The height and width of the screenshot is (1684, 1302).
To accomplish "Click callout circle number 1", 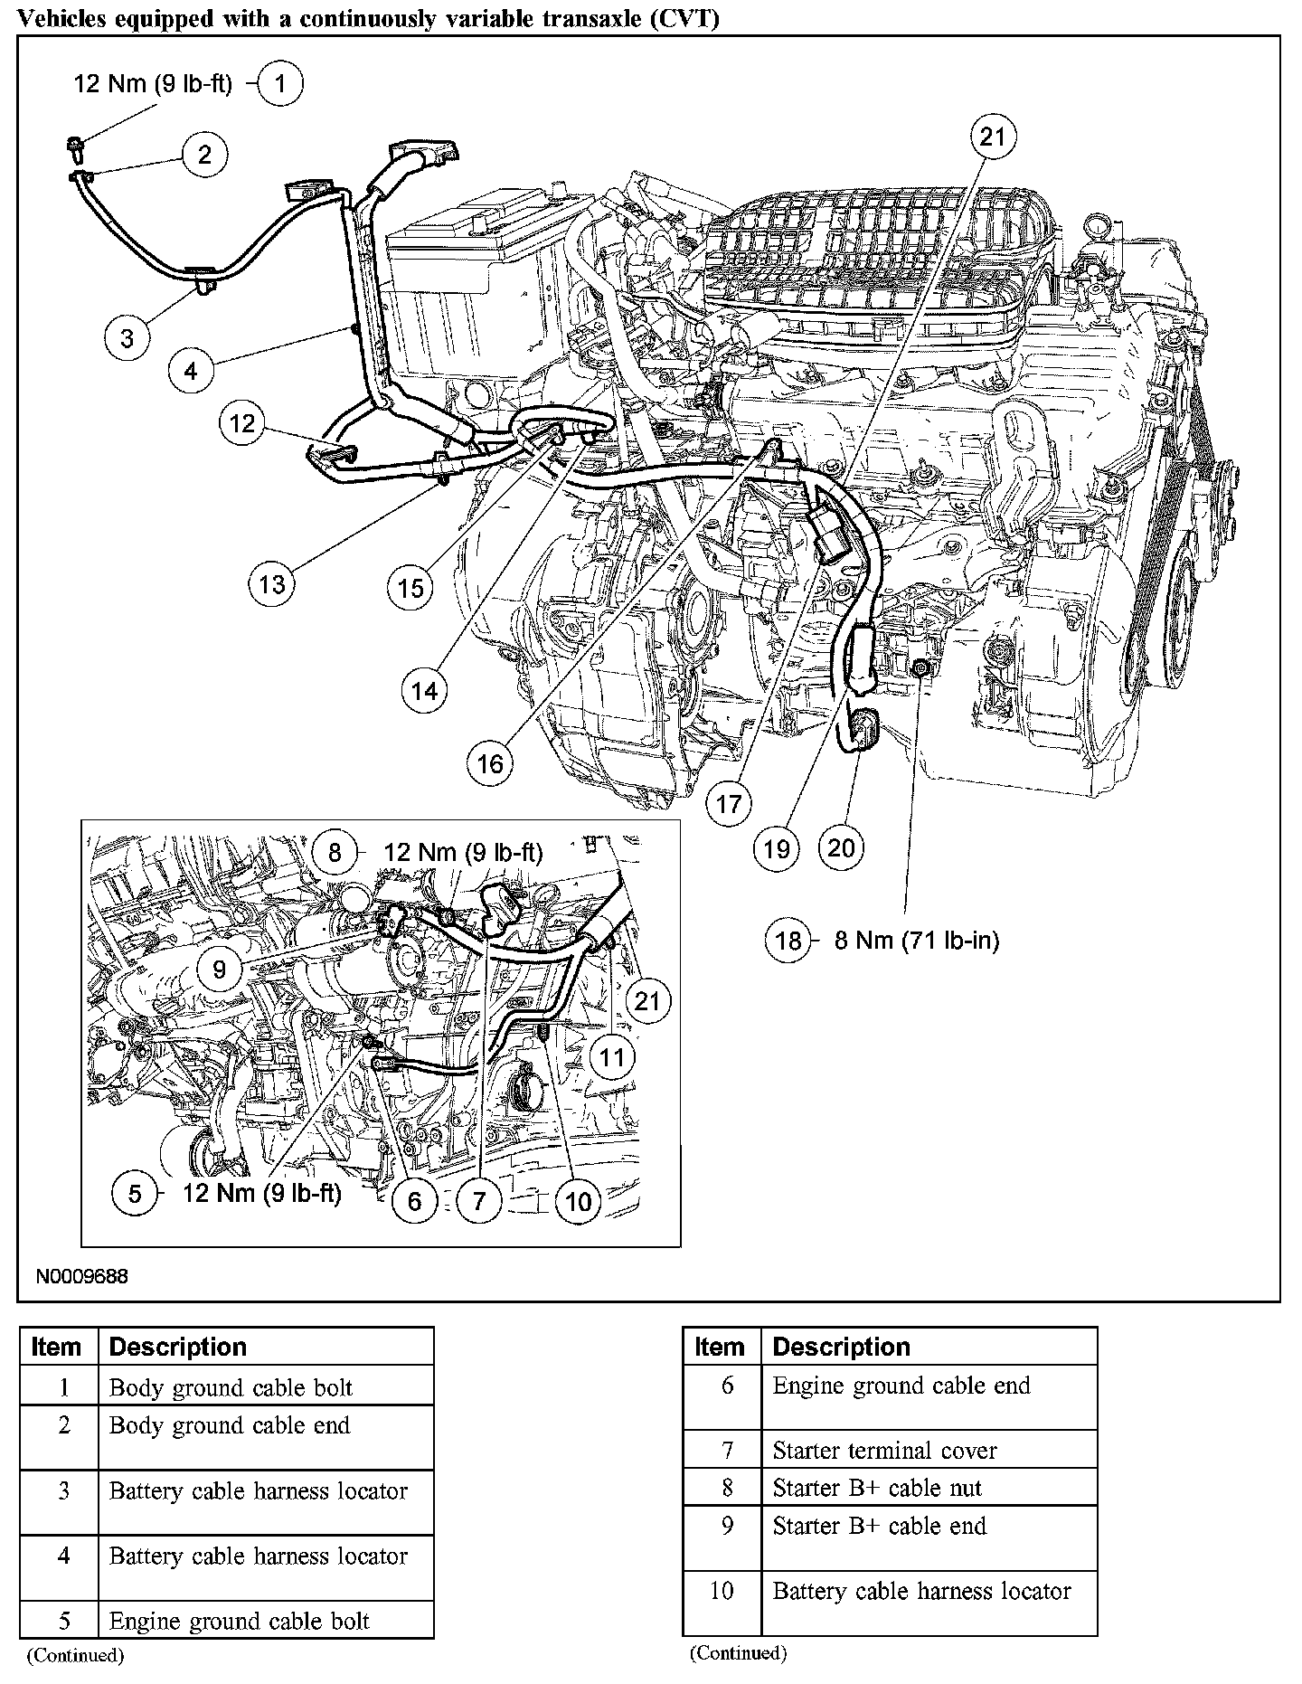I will tap(280, 84).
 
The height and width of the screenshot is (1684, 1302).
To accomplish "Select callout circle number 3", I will tap(127, 337).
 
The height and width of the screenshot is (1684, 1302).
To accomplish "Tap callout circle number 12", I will tap(242, 422).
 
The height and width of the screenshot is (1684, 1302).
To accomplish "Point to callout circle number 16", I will tap(490, 764).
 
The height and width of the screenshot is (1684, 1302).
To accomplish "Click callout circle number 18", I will tap(788, 941).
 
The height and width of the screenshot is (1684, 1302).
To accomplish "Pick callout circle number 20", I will tap(841, 847).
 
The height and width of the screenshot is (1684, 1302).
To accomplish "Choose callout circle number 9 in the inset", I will tap(220, 970).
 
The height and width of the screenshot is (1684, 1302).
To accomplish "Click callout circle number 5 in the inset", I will tap(135, 1193).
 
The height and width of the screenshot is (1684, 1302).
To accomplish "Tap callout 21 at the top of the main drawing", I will tap(993, 137).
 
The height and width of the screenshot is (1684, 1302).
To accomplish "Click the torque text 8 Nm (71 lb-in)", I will tap(916, 941).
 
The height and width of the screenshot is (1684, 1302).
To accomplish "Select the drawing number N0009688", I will tap(82, 1277).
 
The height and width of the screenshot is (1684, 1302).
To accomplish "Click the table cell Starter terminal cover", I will tap(884, 1451).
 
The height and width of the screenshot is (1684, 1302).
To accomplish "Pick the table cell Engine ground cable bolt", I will tap(240, 1622).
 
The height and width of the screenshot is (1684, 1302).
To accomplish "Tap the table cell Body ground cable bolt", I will tap(231, 1388).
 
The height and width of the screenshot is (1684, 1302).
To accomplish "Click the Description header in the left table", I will tap(178, 1347).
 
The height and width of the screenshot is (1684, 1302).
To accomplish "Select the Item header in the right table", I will tap(720, 1347).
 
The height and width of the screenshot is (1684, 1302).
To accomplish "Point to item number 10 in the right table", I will tap(722, 1591).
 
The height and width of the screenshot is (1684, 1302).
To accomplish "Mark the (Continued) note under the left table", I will tap(74, 1655).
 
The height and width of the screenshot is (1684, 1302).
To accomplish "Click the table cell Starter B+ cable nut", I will tap(877, 1488).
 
